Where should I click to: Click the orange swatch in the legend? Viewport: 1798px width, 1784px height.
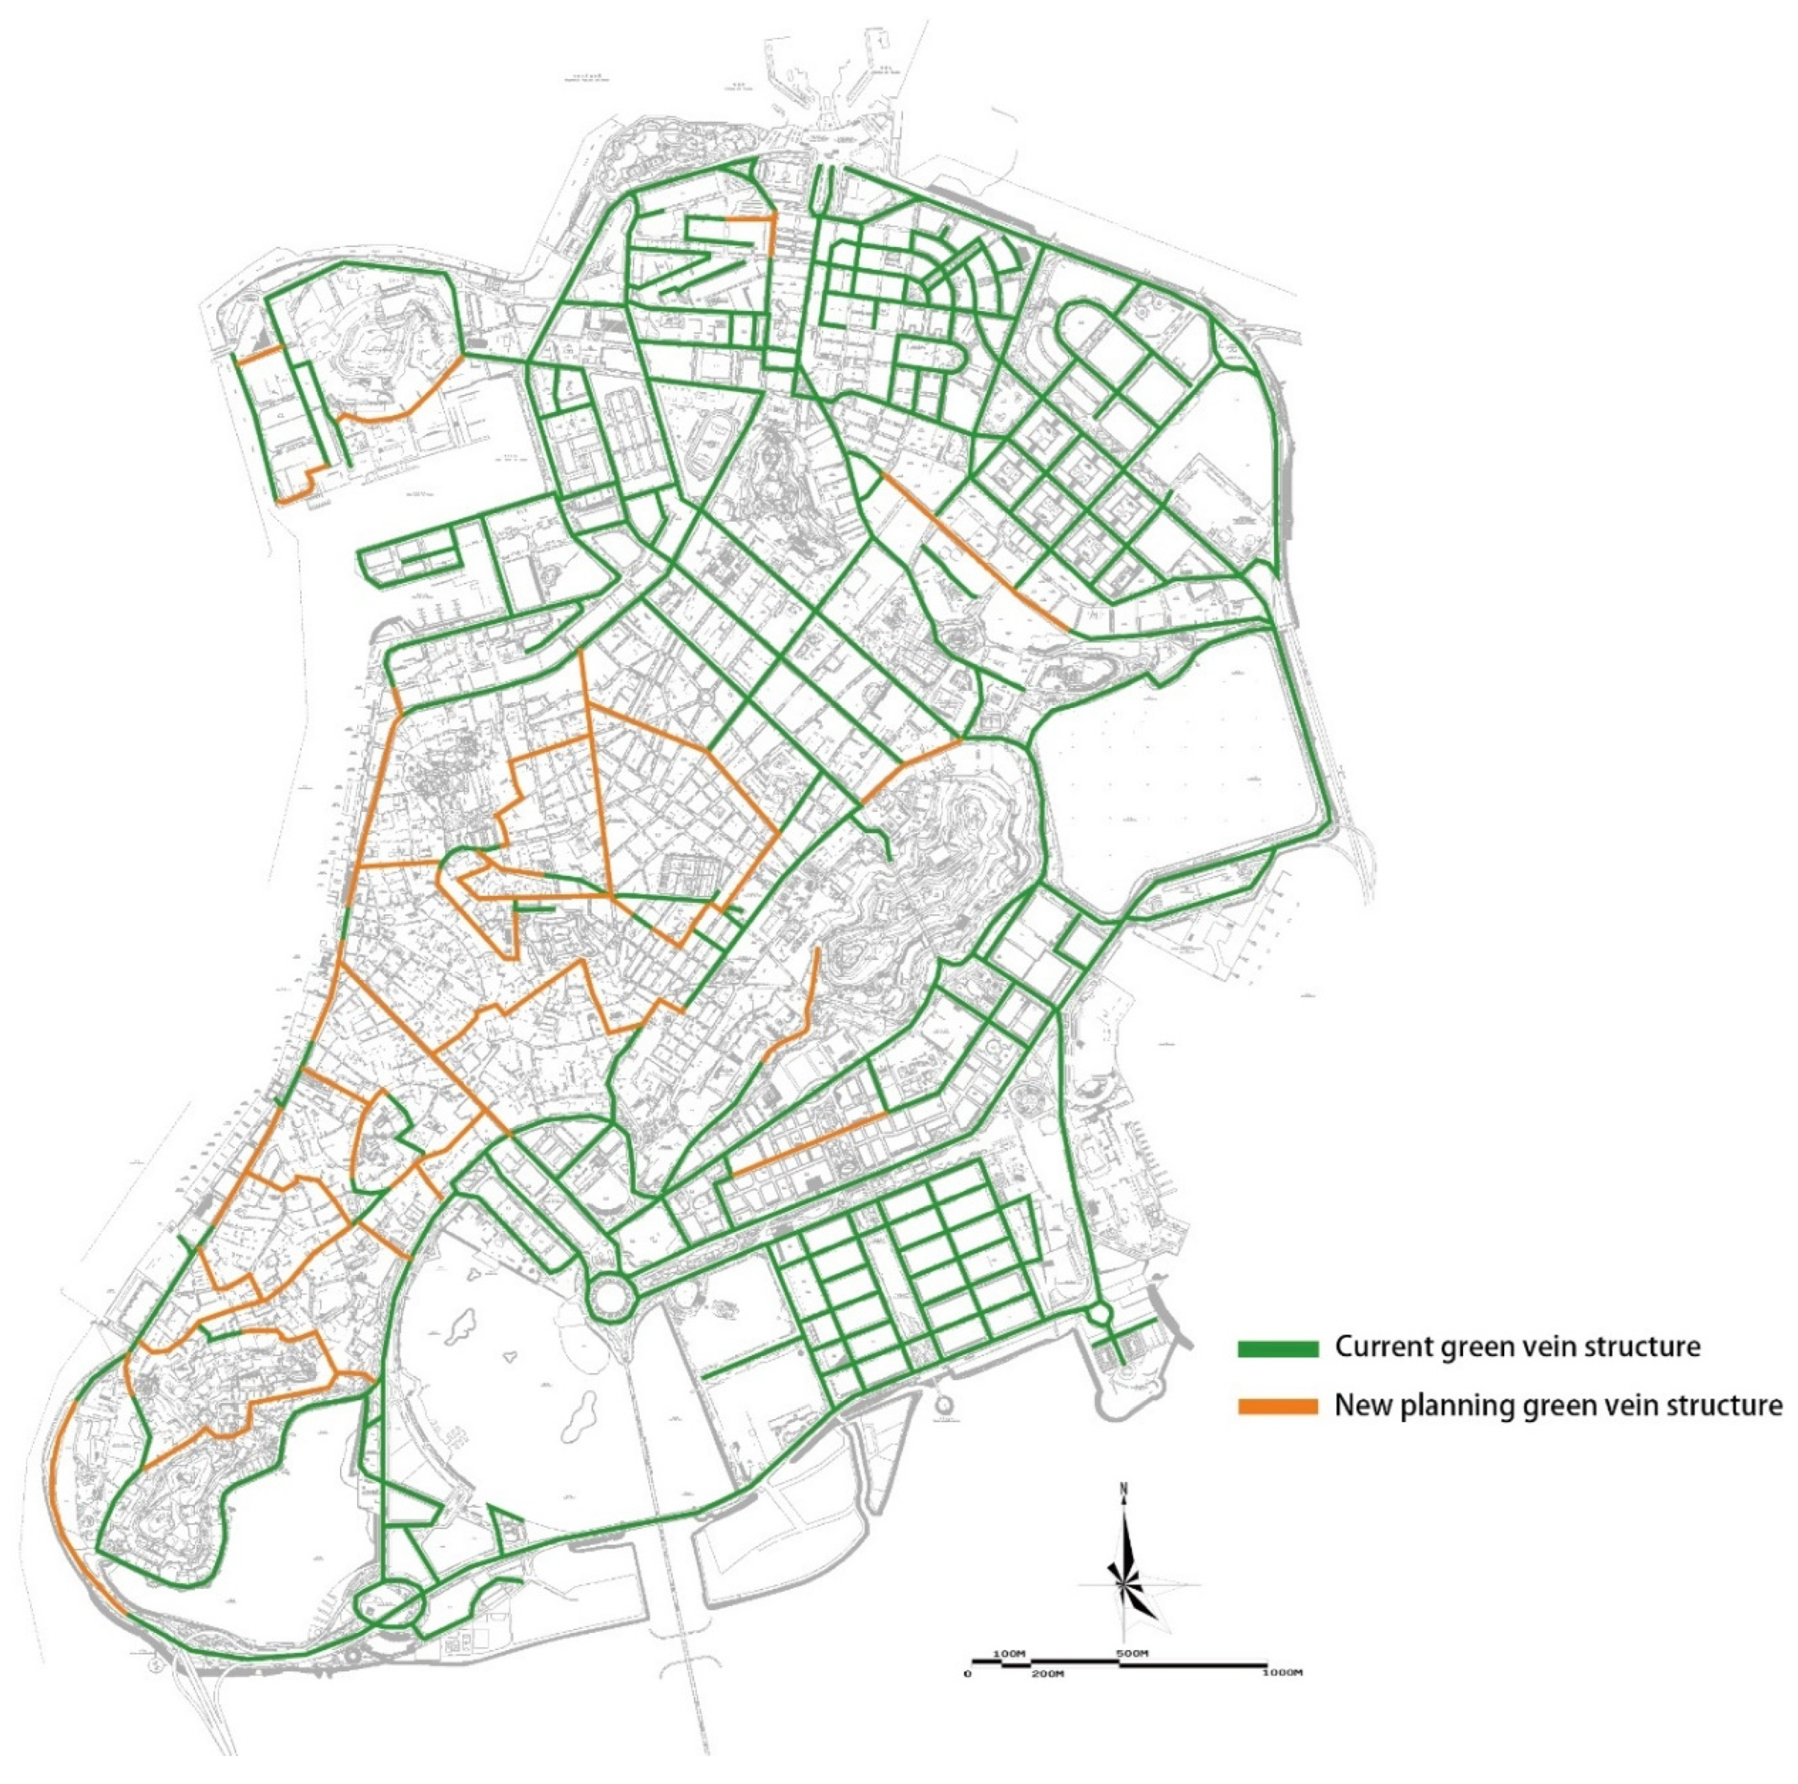tap(1278, 1406)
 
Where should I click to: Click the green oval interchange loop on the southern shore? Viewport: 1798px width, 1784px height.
tap(391, 1601)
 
